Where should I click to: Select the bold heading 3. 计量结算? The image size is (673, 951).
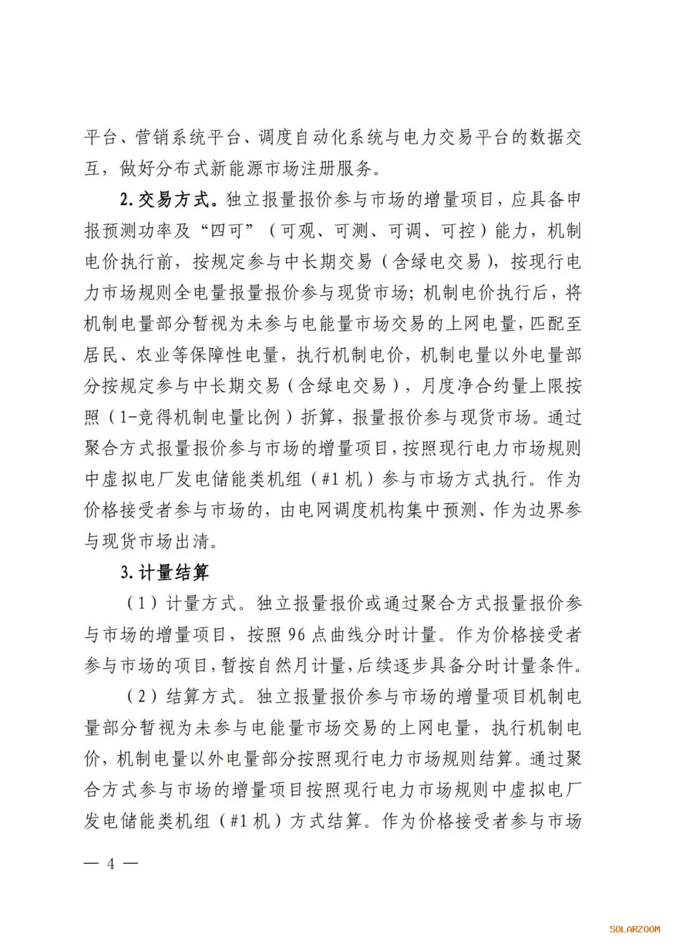tap(165, 572)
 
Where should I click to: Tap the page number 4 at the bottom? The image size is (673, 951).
tap(111, 863)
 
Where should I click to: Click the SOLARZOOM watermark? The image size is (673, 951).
tap(634, 929)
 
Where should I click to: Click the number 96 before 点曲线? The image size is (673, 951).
tap(297, 635)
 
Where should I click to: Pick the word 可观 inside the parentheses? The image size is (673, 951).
tap(298, 230)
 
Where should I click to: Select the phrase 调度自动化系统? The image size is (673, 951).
tap(320, 137)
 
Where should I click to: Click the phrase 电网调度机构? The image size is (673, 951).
tap(352, 510)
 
